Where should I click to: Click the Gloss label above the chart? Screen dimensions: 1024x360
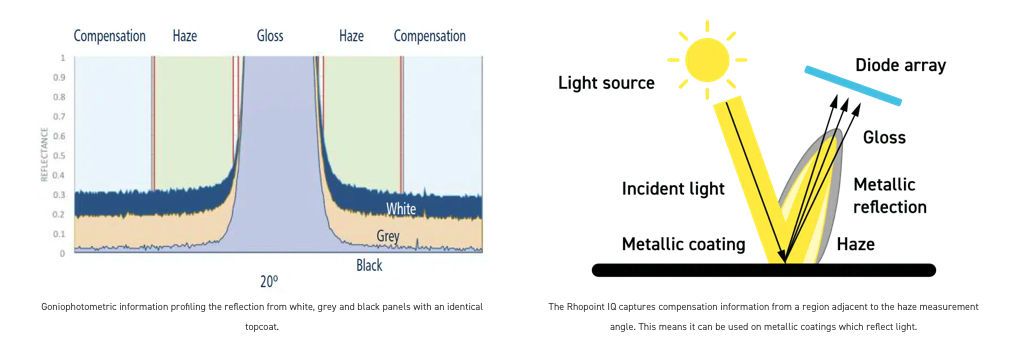point(270,36)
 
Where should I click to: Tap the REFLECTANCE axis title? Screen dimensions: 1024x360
point(45,155)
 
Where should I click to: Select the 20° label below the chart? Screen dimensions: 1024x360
point(269,282)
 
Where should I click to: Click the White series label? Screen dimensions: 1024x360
point(400,210)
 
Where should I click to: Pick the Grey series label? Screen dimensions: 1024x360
point(388,235)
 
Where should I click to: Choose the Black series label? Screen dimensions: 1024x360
point(369,266)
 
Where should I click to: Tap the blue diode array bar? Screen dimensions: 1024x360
point(853,86)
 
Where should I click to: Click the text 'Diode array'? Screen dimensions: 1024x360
point(901,65)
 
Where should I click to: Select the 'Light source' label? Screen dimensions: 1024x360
point(605,83)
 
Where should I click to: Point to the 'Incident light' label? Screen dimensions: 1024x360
point(673,189)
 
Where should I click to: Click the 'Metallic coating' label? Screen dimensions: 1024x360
point(683,244)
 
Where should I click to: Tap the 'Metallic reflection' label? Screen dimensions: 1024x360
point(890,195)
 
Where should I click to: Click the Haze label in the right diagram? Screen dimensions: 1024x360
point(856,244)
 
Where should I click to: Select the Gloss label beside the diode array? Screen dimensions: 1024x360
point(884,138)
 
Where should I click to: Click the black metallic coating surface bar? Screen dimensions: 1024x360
point(763,270)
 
